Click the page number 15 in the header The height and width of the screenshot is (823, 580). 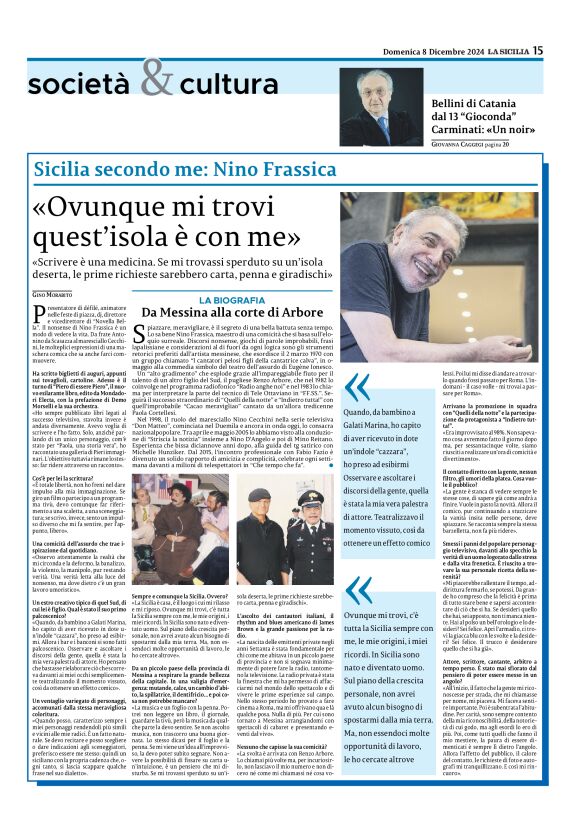coord(565,50)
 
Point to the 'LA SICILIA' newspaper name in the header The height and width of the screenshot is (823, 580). coord(534,50)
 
